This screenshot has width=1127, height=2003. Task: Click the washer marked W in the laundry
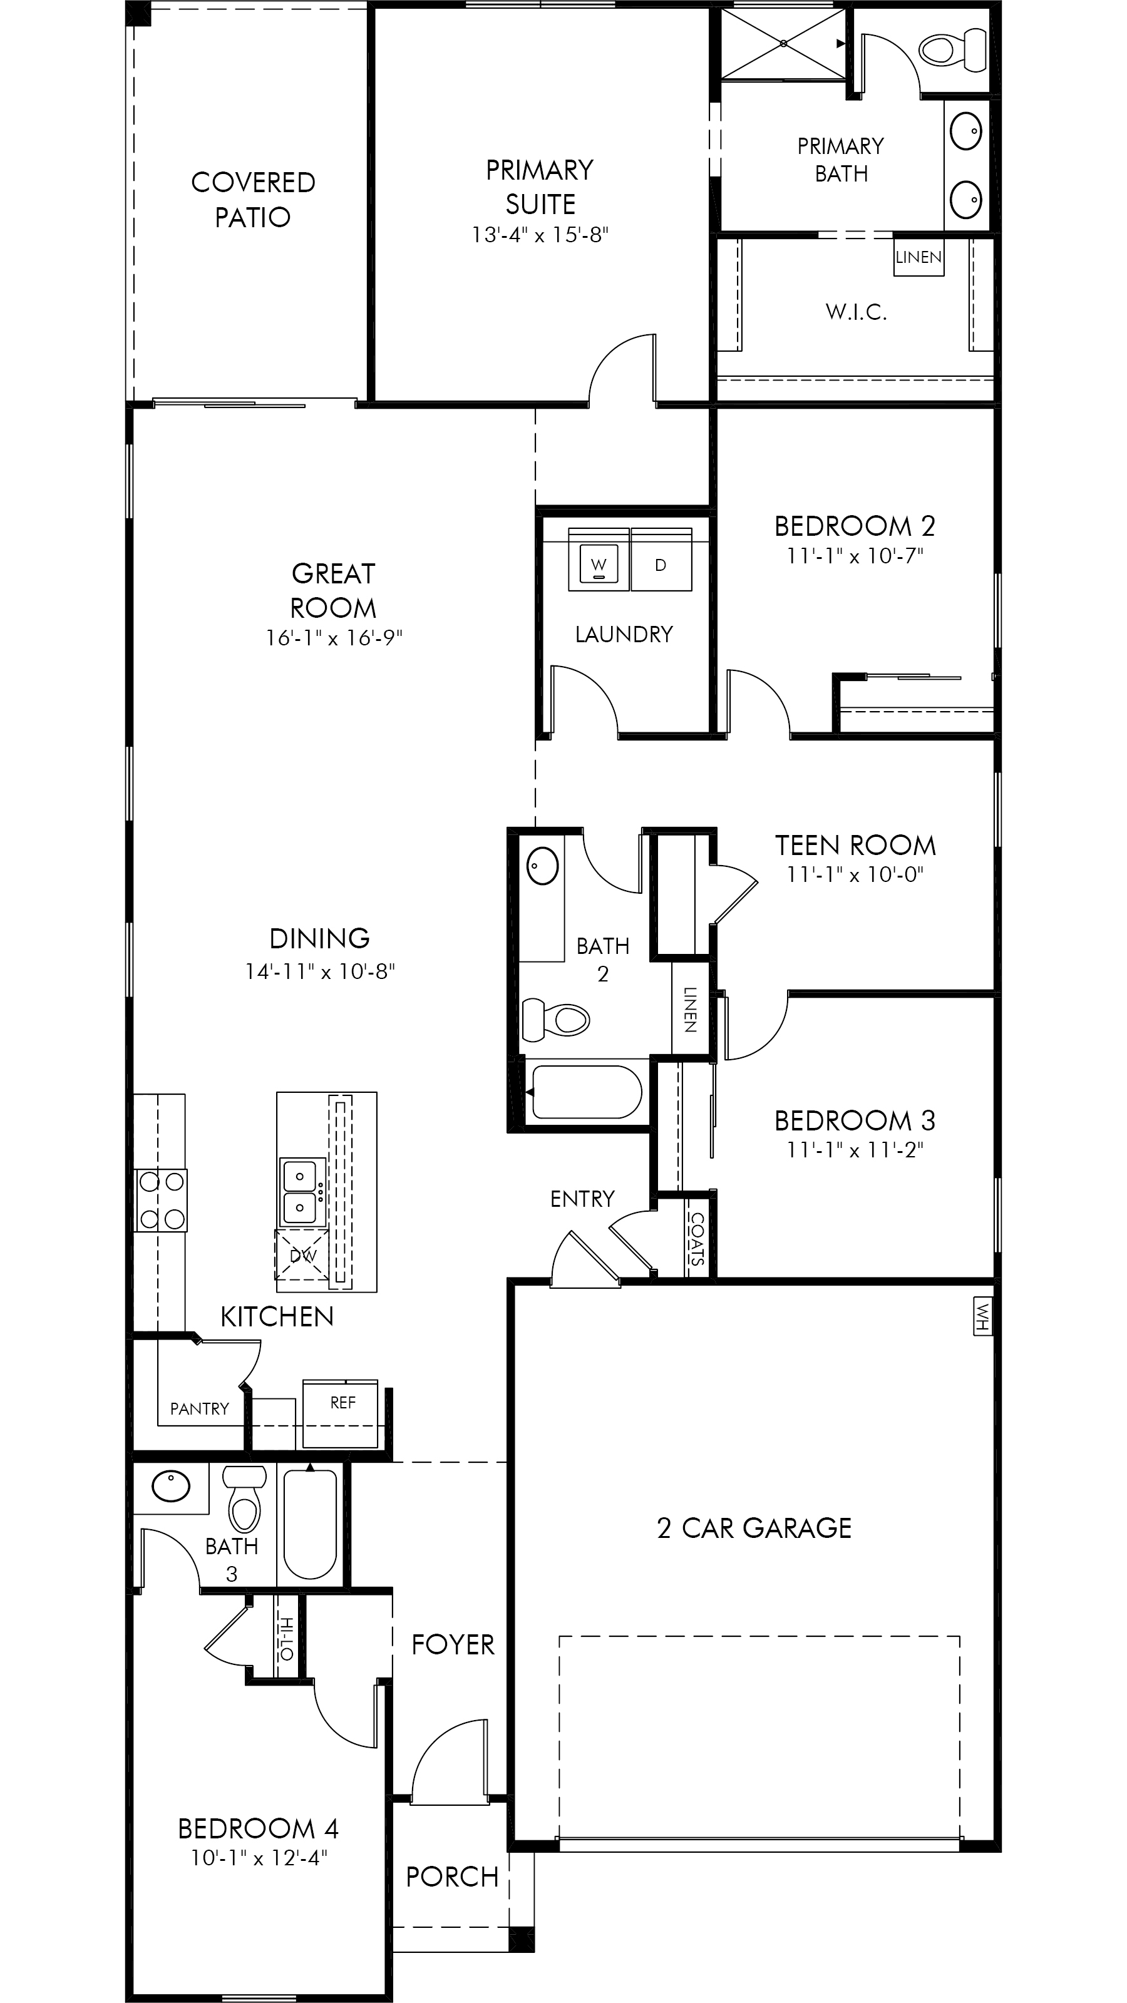pyautogui.click(x=599, y=560)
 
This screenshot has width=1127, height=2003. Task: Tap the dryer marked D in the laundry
pyautogui.click(x=661, y=560)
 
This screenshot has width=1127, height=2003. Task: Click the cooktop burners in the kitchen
pyautogui.click(x=161, y=1201)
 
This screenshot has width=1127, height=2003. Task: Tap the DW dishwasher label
pyautogui.click(x=302, y=1256)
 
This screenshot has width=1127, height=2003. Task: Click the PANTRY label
pyautogui.click(x=200, y=1409)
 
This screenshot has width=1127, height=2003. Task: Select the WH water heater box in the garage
pyautogui.click(x=983, y=1316)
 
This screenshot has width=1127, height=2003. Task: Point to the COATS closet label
pyautogui.click(x=697, y=1239)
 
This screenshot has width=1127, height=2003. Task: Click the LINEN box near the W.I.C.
pyautogui.click(x=919, y=257)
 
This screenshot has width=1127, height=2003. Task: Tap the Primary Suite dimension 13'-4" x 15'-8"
pyautogui.click(x=540, y=235)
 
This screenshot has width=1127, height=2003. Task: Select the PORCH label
pyautogui.click(x=453, y=1877)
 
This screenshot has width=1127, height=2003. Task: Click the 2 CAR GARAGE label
pyautogui.click(x=754, y=1528)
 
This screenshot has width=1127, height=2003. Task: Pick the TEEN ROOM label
pyautogui.click(x=855, y=845)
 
